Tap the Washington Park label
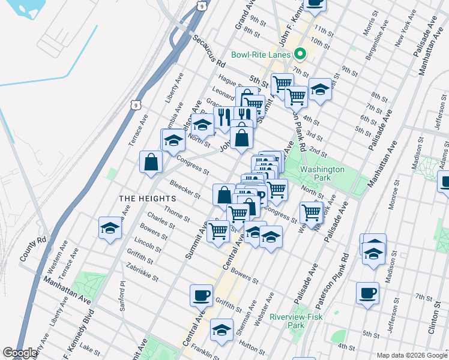(322, 174)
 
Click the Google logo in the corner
(20, 353)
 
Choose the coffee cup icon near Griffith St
(201, 295)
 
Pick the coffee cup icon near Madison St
(367, 293)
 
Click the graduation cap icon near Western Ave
(110, 228)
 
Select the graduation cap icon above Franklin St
(221, 329)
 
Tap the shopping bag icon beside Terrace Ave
(151, 161)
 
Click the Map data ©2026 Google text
(411, 355)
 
